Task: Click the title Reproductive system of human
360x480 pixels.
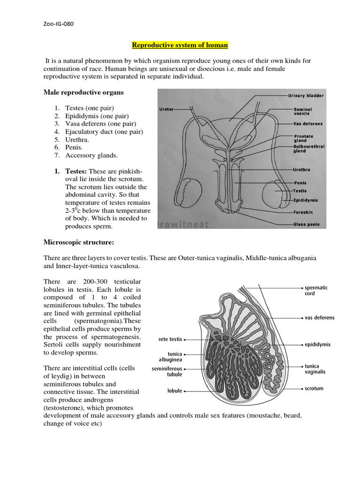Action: pos(180,45)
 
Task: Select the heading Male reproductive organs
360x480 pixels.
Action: pos(83,92)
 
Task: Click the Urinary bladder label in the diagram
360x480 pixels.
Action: pos(305,96)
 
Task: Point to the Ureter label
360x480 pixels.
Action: pos(167,109)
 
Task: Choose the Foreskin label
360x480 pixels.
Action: pos(303,212)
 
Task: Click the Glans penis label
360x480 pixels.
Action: pos(306,225)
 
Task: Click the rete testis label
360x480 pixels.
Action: pos(167,338)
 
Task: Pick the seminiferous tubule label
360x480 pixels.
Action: pos(167,372)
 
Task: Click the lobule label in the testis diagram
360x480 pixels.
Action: pos(174,390)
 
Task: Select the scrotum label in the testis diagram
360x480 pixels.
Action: pos(314,389)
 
